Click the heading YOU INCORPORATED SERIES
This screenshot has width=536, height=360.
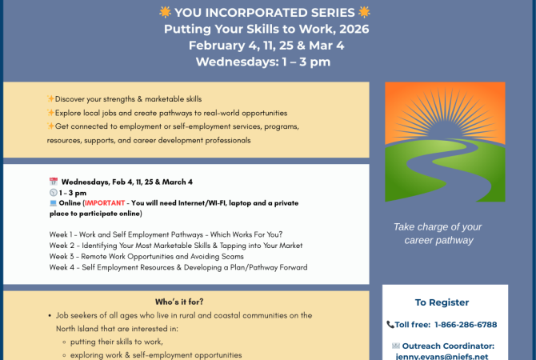coord(267,13)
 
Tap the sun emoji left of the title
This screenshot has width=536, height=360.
coord(166,12)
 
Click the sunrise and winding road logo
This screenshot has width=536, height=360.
coord(445,142)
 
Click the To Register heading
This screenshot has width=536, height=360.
coord(442,302)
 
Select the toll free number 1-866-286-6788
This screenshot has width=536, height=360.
coord(465,325)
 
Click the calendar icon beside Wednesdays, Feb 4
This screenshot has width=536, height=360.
coord(53,182)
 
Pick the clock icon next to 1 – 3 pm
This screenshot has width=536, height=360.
coord(53,193)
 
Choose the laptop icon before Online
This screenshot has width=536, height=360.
coord(53,203)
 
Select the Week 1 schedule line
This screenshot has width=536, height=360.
coord(165,234)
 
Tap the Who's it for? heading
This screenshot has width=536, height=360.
coord(178,302)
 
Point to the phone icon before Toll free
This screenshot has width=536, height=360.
coord(390,325)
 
